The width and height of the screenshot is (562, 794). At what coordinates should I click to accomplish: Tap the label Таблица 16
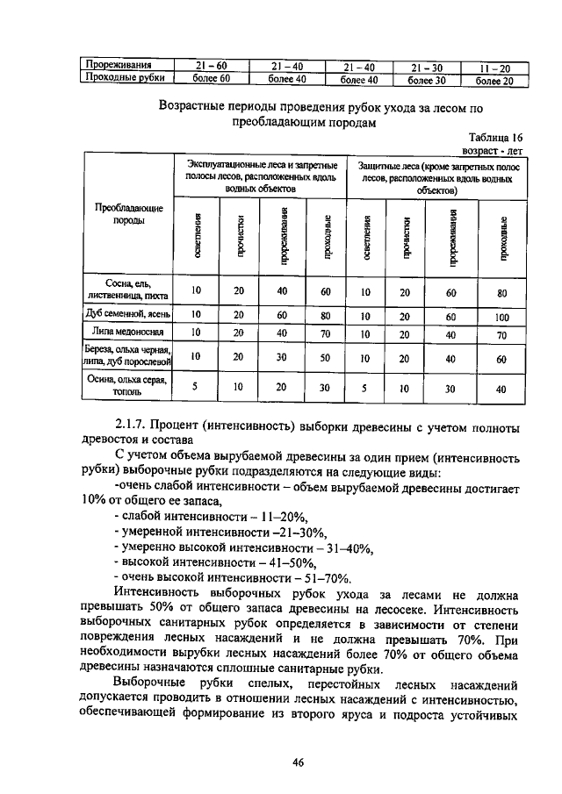click(x=496, y=137)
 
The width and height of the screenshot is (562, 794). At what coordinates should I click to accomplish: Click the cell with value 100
click(x=501, y=313)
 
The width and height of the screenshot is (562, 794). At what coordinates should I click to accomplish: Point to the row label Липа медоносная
click(x=128, y=333)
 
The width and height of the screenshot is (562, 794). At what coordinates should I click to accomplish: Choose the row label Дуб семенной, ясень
click(x=128, y=313)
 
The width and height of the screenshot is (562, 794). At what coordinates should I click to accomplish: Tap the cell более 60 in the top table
click(x=211, y=79)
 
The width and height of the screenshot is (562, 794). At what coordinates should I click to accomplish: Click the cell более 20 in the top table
click(x=494, y=80)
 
